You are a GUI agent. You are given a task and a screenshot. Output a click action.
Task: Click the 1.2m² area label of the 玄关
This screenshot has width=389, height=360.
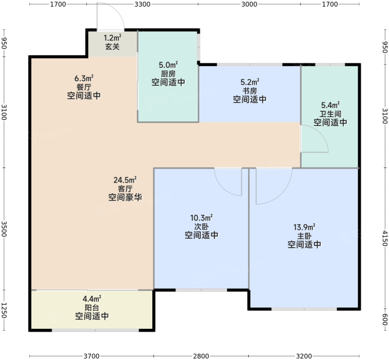pos(112,38)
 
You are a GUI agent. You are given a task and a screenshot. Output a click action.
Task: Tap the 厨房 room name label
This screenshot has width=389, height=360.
pos(168,74)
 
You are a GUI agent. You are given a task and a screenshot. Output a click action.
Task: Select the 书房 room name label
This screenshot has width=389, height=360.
pos(249,91)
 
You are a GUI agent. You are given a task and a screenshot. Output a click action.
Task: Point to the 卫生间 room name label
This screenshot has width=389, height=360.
pos(330,114)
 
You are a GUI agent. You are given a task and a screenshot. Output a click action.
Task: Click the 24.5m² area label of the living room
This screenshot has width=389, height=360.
pos(125,180)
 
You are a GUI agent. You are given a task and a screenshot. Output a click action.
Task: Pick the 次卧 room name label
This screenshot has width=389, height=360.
pos(201,226)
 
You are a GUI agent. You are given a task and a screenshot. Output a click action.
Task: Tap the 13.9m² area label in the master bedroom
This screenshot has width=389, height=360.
pos(304,227)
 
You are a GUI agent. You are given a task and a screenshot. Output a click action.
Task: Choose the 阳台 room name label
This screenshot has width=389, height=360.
pos(92,308)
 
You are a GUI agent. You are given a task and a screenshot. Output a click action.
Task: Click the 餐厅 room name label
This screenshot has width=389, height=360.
pos(84,87)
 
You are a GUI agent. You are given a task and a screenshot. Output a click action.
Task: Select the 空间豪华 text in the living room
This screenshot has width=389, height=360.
pos(125,197)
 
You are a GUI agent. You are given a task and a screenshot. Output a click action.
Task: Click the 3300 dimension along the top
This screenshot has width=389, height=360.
pos(143,4)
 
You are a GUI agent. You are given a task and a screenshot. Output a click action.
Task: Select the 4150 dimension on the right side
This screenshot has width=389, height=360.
pos(384,238)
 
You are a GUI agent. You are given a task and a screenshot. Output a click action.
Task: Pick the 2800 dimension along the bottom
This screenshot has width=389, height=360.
pos(201,356)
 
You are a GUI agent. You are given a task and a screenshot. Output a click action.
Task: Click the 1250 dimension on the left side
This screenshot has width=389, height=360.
pos(4,310)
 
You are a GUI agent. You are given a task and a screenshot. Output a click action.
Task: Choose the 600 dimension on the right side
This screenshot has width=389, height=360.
pos(384,319)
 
